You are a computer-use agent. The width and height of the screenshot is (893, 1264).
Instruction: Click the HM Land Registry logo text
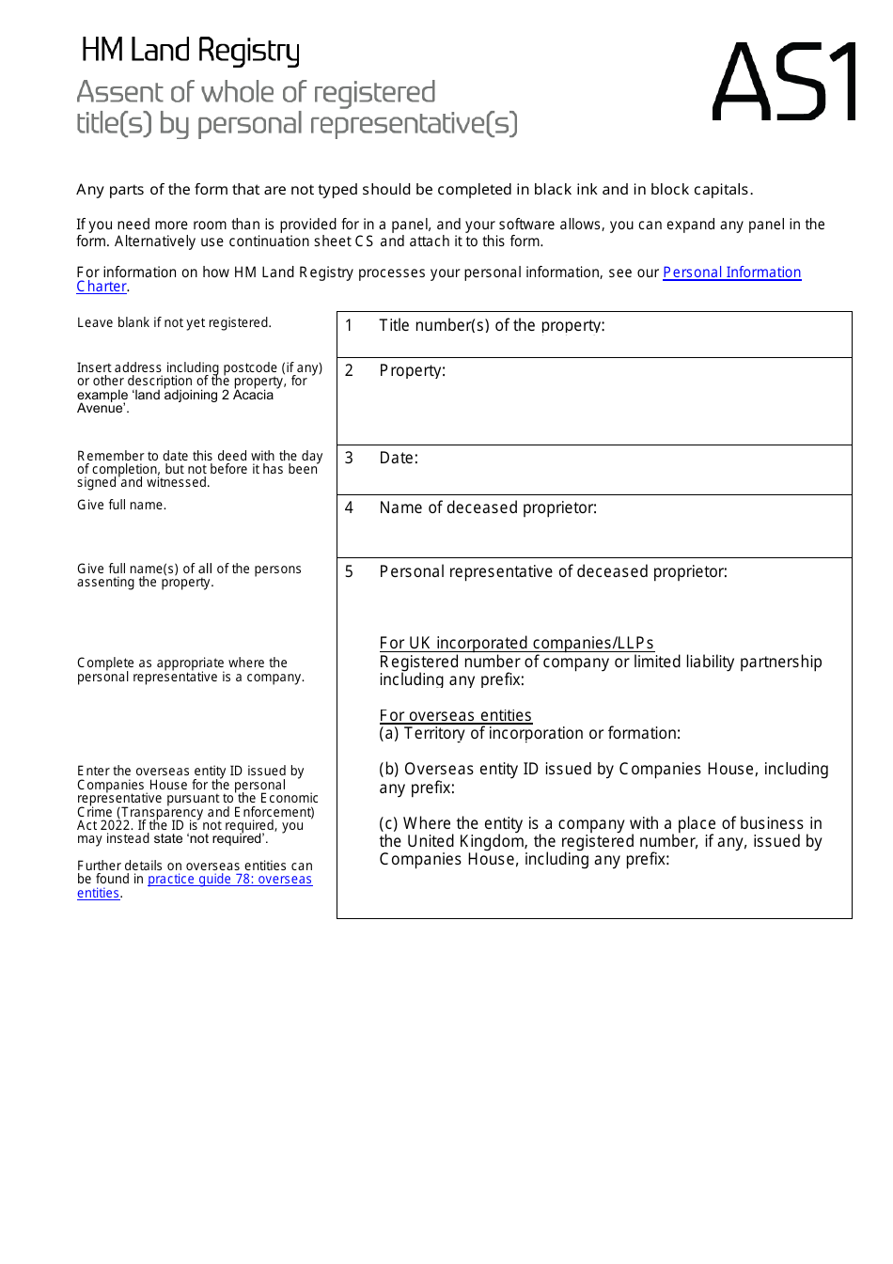pyautogui.click(x=190, y=51)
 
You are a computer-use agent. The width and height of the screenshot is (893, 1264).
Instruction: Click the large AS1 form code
pyautogui.click(x=784, y=83)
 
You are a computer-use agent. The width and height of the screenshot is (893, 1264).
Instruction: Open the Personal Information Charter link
pyautogui.click(x=731, y=273)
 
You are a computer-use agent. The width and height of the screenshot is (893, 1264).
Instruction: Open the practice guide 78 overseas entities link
pyautogui.click(x=229, y=880)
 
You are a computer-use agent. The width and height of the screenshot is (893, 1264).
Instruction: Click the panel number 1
pyautogui.click(x=349, y=325)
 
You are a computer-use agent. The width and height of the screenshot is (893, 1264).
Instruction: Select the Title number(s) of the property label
pyautogui.click(x=492, y=325)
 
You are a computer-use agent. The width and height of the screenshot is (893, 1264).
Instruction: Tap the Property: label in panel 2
pyautogui.click(x=412, y=370)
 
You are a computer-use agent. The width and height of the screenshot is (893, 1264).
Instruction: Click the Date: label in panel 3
pyautogui.click(x=399, y=458)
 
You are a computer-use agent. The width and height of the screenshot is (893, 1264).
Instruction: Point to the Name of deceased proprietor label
pyautogui.click(x=488, y=507)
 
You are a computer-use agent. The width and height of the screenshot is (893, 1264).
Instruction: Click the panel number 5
pyautogui.click(x=349, y=571)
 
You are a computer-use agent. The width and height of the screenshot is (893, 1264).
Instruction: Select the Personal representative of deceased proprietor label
pyautogui.click(x=553, y=571)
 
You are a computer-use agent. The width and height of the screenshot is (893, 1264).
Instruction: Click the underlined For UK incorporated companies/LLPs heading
pyautogui.click(x=516, y=643)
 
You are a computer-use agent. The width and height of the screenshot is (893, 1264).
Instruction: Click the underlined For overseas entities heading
pyautogui.click(x=455, y=715)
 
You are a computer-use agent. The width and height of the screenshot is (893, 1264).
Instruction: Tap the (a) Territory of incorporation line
pyautogui.click(x=529, y=733)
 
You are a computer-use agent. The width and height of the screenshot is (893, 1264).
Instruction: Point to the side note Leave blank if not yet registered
pyautogui.click(x=174, y=322)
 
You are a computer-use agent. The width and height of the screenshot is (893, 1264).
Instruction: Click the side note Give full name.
pyautogui.click(x=121, y=505)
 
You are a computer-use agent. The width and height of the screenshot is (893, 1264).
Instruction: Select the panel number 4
pyautogui.click(x=349, y=507)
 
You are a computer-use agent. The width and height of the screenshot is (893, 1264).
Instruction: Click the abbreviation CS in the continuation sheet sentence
pyautogui.click(x=364, y=242)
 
